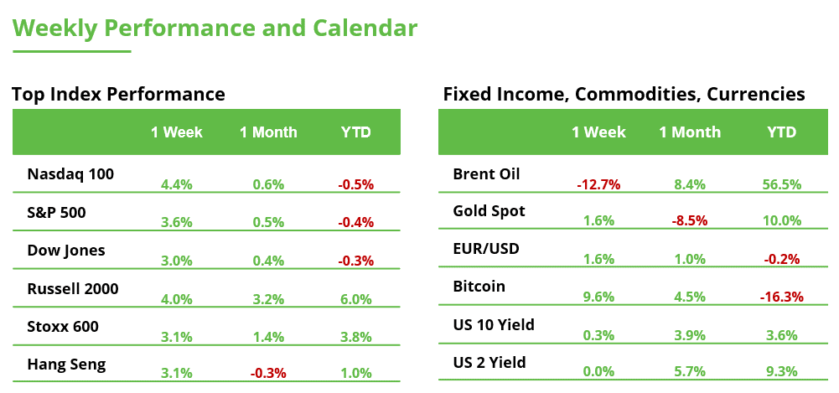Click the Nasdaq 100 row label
click(x=70, y=174)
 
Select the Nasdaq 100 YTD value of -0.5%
click(x=356, y=184)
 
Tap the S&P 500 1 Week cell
click(x=176, y=223)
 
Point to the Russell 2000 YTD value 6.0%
click(x=356, y=299)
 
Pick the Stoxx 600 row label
click(x=64, y=327)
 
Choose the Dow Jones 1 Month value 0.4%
click(x=268, y=261)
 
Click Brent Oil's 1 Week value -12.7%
click(x=598, y=184)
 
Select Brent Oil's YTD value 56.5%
click(x=781, y=184)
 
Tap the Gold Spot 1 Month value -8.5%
click(x=690, y=221)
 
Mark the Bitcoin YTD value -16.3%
click(x=781, y=296)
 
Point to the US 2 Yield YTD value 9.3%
click(x=781, y=371)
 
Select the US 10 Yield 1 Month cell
click(x=690, y=334)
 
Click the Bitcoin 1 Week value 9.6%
click(x=598, y=296)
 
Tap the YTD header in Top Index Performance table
click(x=356, y=132)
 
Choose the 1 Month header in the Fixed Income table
click(x=690, y=132)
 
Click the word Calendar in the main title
click(x=365, y=28)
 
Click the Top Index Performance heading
click(x=118, y=94)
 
